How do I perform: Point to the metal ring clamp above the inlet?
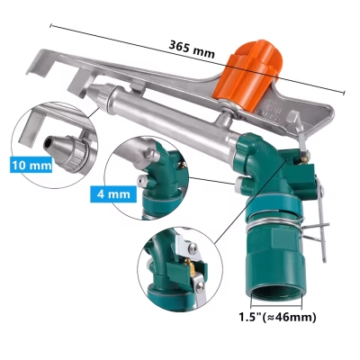(270, 228)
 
